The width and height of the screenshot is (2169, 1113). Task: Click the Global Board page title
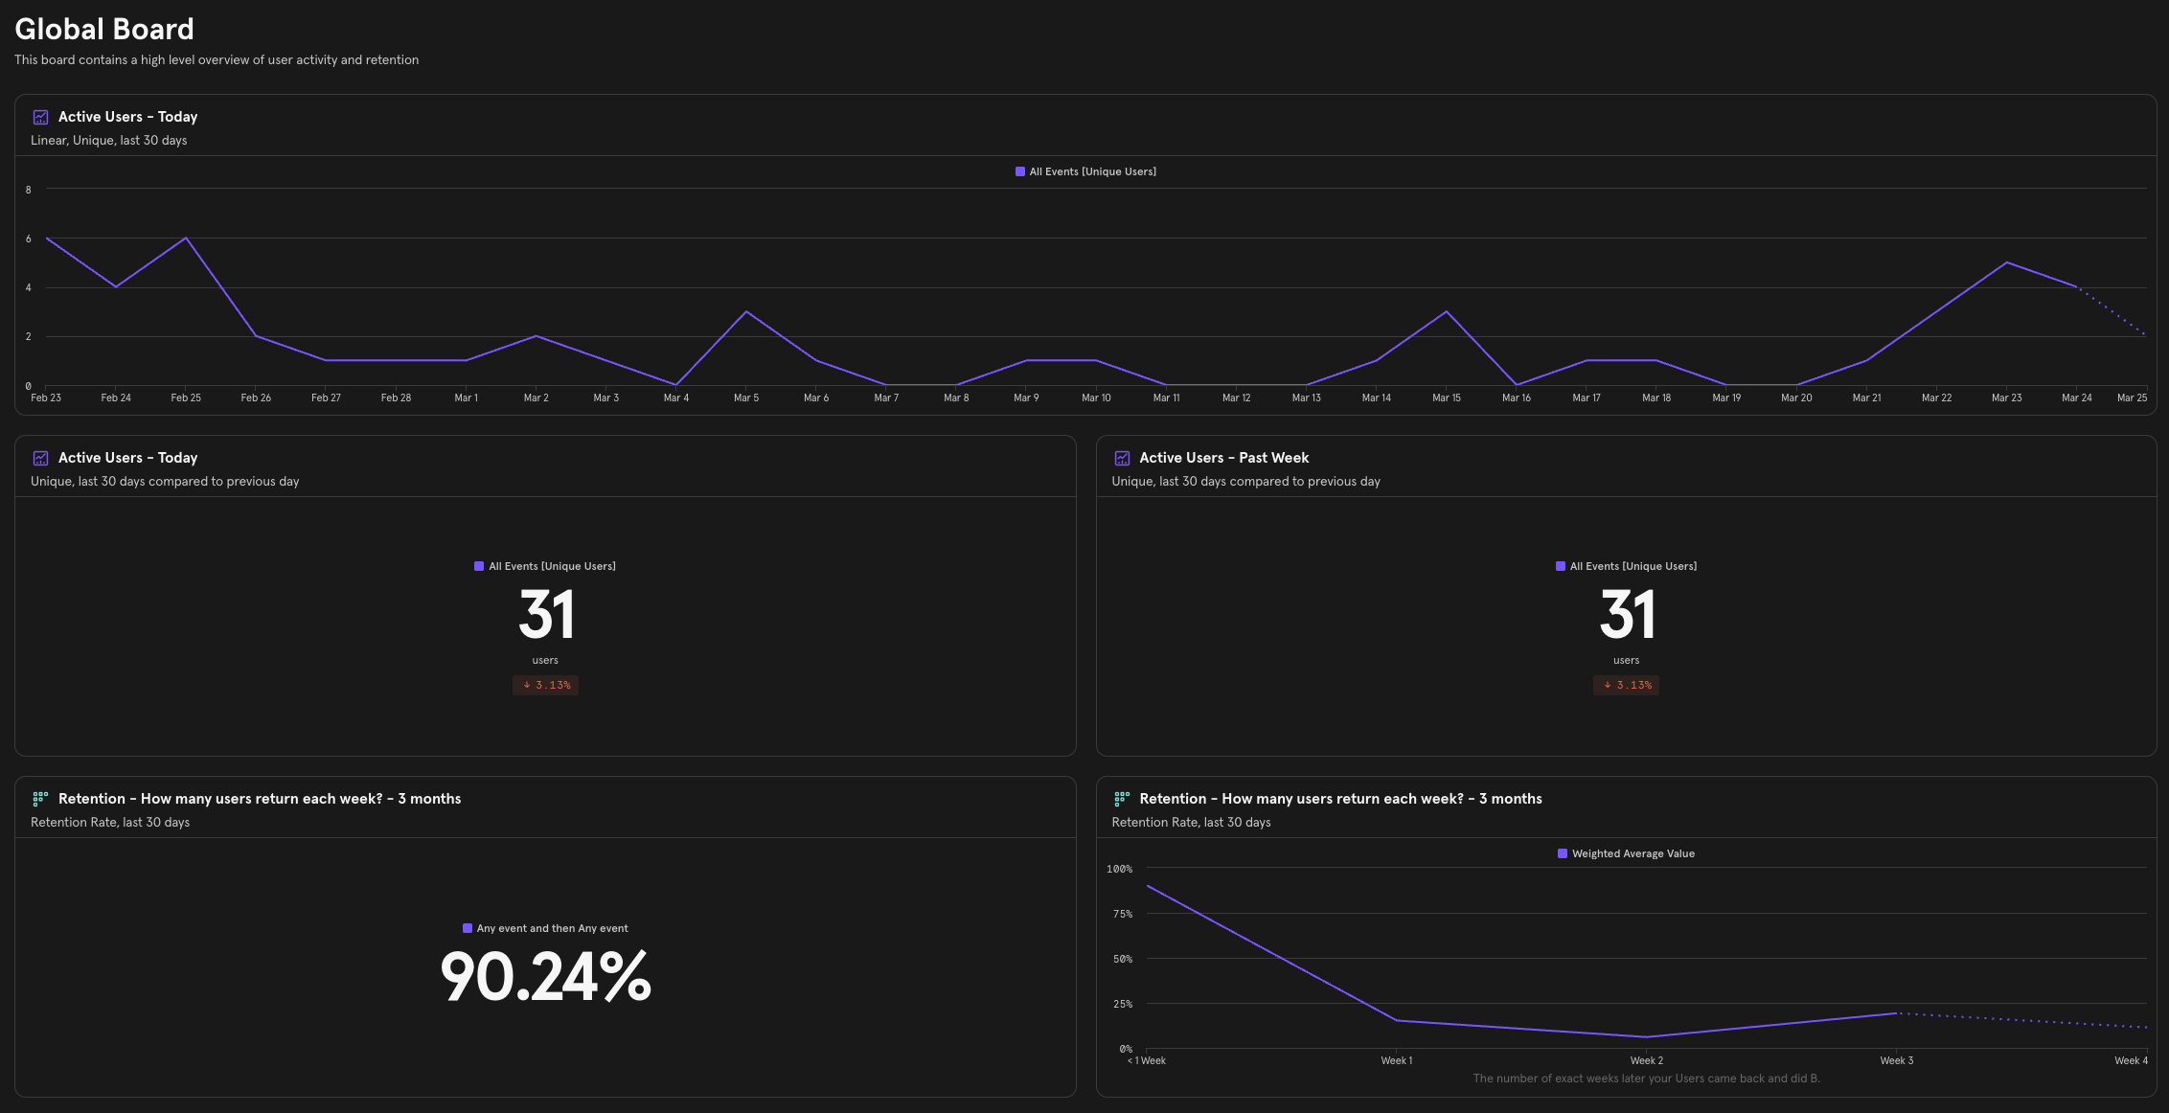point(104,30)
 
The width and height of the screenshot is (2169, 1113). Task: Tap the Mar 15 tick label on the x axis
point(1446,397)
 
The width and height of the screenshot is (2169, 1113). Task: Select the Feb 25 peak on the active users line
point(186,238)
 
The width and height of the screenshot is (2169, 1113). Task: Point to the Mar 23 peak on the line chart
point(2006,262)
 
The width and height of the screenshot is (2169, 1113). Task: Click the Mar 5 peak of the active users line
point(746,311)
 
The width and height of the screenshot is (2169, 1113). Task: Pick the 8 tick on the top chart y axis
point(29,190)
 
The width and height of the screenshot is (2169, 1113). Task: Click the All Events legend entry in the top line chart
point(1085,171)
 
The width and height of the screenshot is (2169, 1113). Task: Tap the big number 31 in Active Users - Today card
point(545,614)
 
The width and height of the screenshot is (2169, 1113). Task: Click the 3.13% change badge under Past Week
point(1626,685)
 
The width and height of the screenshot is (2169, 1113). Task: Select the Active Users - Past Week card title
point(1223,458)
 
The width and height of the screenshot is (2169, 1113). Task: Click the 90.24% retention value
point(545,977)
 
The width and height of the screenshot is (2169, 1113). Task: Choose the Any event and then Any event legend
point(545,928)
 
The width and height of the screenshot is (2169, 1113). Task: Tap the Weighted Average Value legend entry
point(1626,853)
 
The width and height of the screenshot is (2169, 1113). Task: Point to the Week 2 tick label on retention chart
point(1646,1060)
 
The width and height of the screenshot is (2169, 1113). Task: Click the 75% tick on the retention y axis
point(1122,914)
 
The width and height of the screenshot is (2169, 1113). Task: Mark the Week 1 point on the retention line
point(1397,1020)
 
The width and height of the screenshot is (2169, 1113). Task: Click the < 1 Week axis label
point(1147,1060)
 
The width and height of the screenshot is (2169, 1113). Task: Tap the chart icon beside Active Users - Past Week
point(1122,458)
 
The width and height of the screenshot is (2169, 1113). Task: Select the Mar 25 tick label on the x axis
point(2132,397)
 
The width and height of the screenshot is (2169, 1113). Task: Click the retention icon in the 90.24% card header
point(40,799)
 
